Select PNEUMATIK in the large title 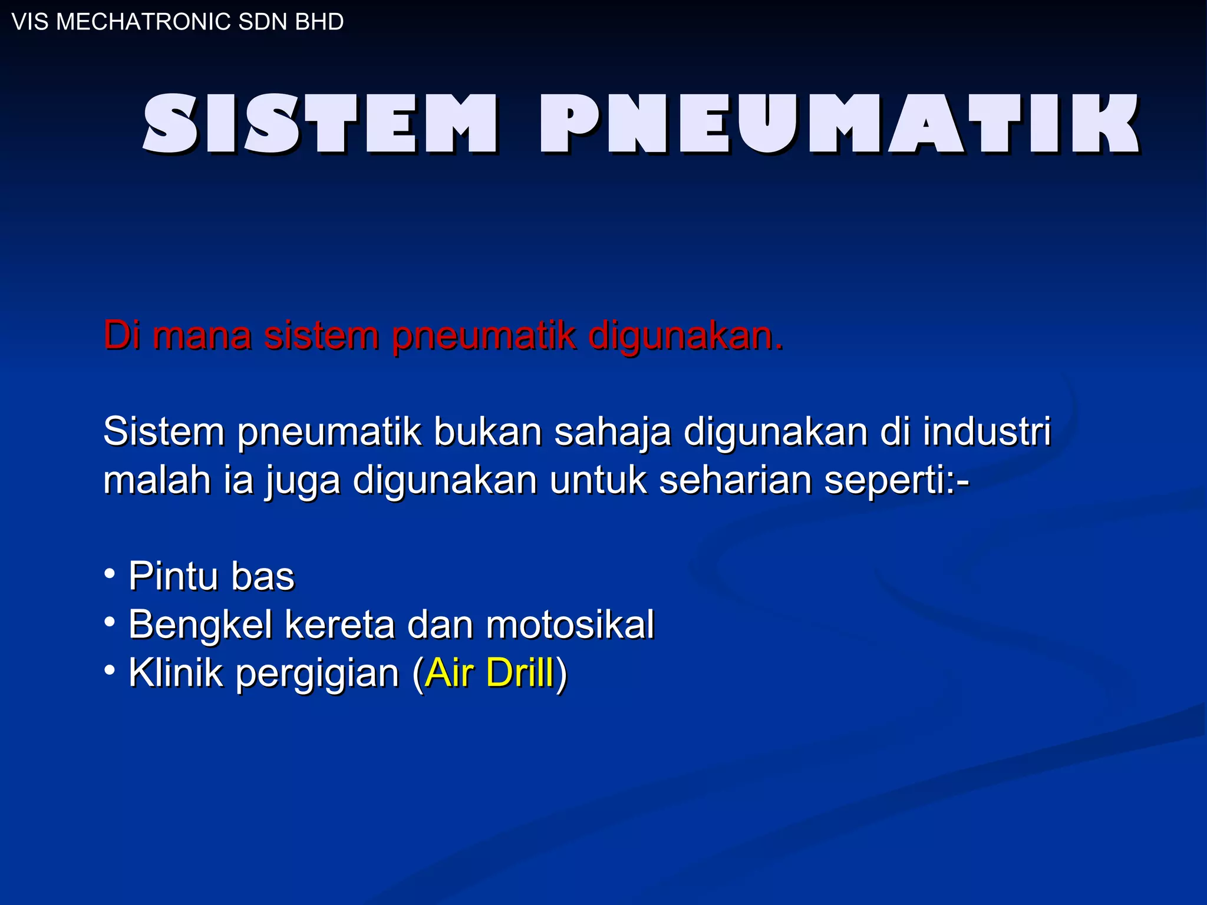coord(840,124)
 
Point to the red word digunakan coord(686,336)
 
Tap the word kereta coord(339,624)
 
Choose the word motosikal coord(570,624)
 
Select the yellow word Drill coord(520,672)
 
